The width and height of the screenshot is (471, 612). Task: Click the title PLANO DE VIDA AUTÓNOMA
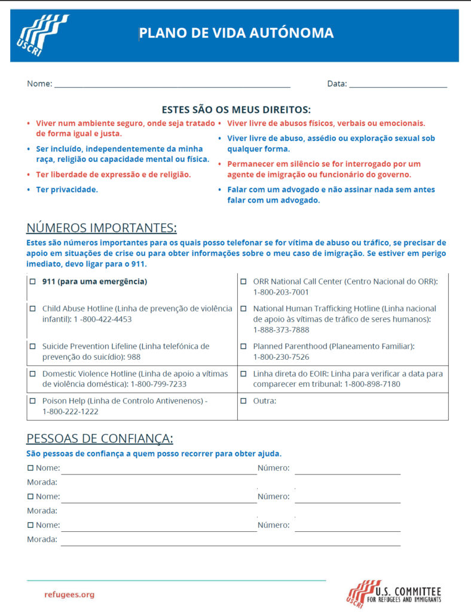236,33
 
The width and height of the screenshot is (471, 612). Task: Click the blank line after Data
398,84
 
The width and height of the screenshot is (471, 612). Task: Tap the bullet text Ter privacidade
67,189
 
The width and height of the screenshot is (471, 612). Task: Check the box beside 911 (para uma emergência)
33,281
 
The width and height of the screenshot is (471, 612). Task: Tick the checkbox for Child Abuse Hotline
33,309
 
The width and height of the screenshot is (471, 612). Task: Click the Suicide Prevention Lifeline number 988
134,357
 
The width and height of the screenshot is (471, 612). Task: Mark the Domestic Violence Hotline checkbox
33,374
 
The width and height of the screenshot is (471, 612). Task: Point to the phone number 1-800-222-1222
71,411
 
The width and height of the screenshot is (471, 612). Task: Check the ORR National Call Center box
243,281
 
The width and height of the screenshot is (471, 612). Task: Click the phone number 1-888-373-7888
281,329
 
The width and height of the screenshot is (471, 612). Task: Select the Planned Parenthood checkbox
243,347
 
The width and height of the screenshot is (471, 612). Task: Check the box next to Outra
243,401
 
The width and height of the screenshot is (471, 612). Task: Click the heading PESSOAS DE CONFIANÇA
100,439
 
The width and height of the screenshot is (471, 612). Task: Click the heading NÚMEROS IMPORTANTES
102,228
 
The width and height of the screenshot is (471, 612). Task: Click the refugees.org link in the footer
69,595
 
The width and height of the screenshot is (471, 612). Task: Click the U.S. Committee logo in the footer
394,594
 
